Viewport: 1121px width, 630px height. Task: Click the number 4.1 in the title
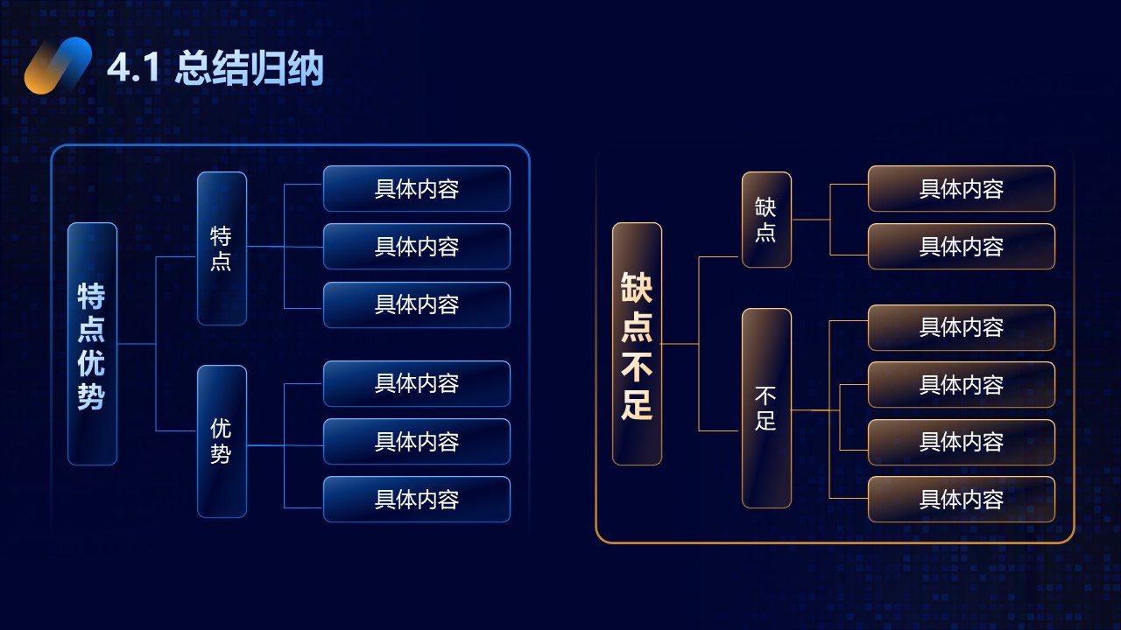[133, 68]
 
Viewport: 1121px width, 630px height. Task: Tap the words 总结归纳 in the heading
[249, 68]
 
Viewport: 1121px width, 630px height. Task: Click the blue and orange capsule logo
[58, 66]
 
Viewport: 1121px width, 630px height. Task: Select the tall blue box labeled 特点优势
[92, 344]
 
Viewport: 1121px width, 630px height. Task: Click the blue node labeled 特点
[222, 248]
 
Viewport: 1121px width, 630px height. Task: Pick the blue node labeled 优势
[222, 442]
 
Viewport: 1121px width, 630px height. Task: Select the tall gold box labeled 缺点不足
[637, 344]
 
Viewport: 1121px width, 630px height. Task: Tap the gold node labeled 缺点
[766, 220]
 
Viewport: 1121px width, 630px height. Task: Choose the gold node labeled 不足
[766, 408]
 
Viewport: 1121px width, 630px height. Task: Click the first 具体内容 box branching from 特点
[417, 188]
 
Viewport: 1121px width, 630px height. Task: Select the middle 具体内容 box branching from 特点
[417, 247]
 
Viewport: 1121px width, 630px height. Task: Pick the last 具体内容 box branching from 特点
[417, 304]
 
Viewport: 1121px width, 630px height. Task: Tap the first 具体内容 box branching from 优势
[417, 383]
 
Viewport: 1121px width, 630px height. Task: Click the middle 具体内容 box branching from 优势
[417, 442]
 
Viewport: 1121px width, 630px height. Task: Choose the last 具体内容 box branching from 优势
[417, 499]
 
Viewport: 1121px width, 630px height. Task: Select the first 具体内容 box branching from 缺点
[962, 188]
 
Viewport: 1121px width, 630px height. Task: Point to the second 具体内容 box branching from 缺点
[962, 247]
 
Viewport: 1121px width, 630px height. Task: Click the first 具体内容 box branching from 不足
[962, 327]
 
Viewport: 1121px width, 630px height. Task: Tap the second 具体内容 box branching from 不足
[962, 384]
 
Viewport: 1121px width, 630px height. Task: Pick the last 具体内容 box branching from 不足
[962, 499]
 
